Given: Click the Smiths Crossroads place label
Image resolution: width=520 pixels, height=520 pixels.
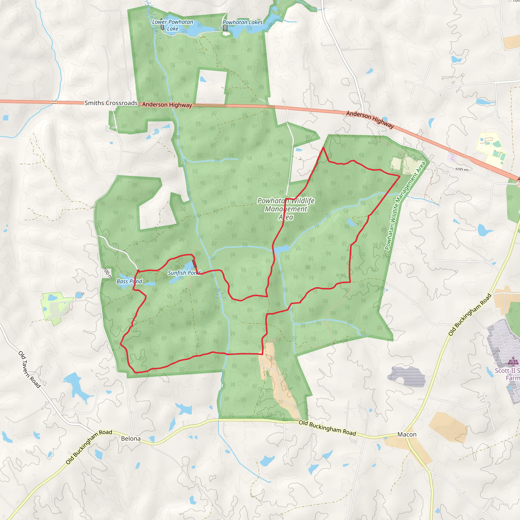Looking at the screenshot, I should tap(111, 103).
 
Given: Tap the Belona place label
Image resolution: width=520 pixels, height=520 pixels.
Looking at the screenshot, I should tap(131, 438).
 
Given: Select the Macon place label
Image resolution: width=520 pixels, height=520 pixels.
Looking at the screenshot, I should tap(407, 434).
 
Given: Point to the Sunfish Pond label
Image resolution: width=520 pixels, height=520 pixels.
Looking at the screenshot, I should tap(184, 273).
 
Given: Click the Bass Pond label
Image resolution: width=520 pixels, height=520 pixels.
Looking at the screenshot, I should tap(129, 281).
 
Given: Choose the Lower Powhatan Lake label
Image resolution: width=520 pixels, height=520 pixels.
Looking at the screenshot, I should tap(172, 25).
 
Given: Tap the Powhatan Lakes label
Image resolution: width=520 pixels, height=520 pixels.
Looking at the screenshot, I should tap(242, 22).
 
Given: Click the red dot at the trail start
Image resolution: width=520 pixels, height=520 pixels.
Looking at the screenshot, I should tap(138, 271).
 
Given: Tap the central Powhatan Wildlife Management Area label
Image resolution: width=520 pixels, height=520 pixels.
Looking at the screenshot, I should tap(286, 209).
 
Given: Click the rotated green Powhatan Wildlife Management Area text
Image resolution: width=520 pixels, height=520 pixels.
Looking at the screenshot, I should tap(405, 206).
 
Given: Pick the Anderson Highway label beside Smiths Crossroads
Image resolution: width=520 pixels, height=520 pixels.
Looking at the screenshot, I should tap(167, 105).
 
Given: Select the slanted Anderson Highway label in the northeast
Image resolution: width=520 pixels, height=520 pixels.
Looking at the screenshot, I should tap(370, 119).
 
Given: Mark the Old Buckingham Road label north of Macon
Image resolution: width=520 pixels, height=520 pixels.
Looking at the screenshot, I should tap(470, 315).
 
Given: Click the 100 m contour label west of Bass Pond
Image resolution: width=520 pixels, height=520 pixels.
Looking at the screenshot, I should tap(108, 273).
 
